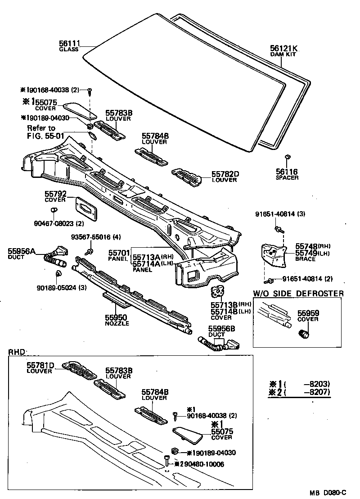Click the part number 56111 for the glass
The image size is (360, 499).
click(x=69, y=43)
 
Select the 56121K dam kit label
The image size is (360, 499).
click(x=284, y=49)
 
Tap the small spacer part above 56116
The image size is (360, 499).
click(x=287, y=157)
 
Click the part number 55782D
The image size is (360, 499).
click(x=225, y=174)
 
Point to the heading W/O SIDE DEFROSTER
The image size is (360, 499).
click(x=298, y=294)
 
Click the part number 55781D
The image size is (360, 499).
click(x=40, y=365)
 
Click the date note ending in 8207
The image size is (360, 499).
click(x=300, y=392)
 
